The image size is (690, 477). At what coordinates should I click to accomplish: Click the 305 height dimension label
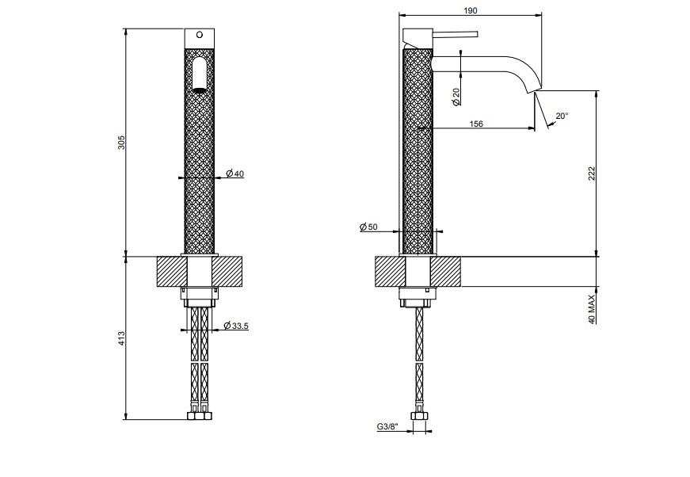tap(121, 142)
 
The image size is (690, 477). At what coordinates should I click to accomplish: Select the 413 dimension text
tap(121, 338)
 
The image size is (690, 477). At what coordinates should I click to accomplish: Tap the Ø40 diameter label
tap(235, 174)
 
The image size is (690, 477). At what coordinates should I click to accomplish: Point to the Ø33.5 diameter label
tap(236, 326)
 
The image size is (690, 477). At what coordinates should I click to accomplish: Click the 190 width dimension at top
tap(471, 10)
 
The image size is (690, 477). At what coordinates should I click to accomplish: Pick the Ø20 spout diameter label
tap(456, 97)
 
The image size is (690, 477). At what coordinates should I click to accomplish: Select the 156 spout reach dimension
tap(476, 124)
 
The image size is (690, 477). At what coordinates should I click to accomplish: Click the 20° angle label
tap(562, 116)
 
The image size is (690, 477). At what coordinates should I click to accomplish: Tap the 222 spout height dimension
tap(592, 174)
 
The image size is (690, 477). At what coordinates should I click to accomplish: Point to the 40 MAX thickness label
tap(592, 309)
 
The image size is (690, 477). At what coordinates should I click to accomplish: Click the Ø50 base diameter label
tap(368, 227)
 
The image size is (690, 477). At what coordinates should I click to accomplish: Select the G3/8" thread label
tap(387, 426)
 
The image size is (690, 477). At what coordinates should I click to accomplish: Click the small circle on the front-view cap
tap(200, 35)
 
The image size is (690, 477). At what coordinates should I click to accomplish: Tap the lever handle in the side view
tap(456, 34)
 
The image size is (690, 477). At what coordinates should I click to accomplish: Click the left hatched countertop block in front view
tap(172, 272)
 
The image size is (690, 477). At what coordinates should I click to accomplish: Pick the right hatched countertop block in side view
tap(445, 272)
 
